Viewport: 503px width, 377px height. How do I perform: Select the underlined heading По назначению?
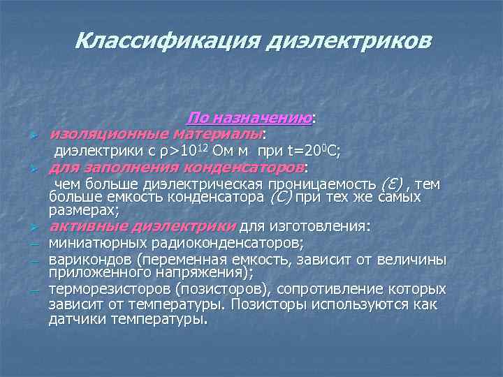coord(249,119)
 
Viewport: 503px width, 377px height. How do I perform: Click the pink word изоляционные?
coord(98,133)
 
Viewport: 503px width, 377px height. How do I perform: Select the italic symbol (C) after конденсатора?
coord(279,198)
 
